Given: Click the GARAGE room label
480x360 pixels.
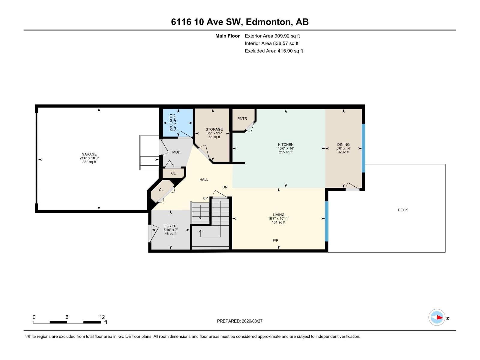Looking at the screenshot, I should tap(89, 154).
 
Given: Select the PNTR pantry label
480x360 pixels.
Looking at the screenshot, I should tap(242, 119).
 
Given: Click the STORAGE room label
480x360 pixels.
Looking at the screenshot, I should tap(214, 130).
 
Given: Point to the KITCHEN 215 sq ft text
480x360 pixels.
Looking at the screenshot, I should tap(286, 152).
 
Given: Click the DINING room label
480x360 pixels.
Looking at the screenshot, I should tap(343, 145).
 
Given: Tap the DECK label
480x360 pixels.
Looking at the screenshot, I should tap(403, 210).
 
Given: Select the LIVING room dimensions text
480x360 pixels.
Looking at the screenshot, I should tap(278, 219).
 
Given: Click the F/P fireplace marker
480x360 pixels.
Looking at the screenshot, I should tap(275, 241).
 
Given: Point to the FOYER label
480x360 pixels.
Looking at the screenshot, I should tap(170, 226).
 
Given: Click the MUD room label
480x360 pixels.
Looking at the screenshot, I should tap(176, 152).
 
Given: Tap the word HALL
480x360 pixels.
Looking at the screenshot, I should tap(204, 180).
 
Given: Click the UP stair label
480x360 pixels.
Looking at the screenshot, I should tap(205, 198).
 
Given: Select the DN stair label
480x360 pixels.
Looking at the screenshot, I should tap(225, 187).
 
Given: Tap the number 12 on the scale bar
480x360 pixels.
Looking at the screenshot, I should tap(102, 317).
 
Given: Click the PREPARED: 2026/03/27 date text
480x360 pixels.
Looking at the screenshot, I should tap(240, 321).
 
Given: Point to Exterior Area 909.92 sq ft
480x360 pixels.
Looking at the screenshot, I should tap(272, 36).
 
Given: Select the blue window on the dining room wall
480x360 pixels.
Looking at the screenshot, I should tap(363, 148).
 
